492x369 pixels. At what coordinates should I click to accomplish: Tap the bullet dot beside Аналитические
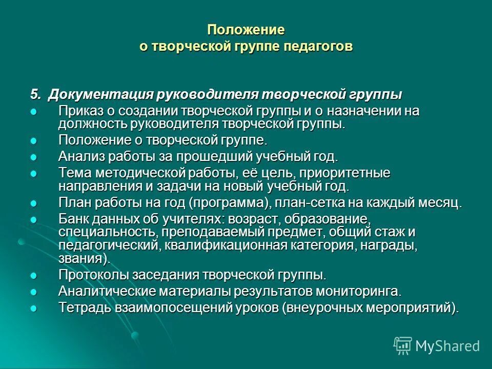[x=34, y=292]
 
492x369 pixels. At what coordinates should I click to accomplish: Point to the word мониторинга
[x=350, y=291]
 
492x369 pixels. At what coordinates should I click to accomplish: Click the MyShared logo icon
[x=403, y=345]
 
